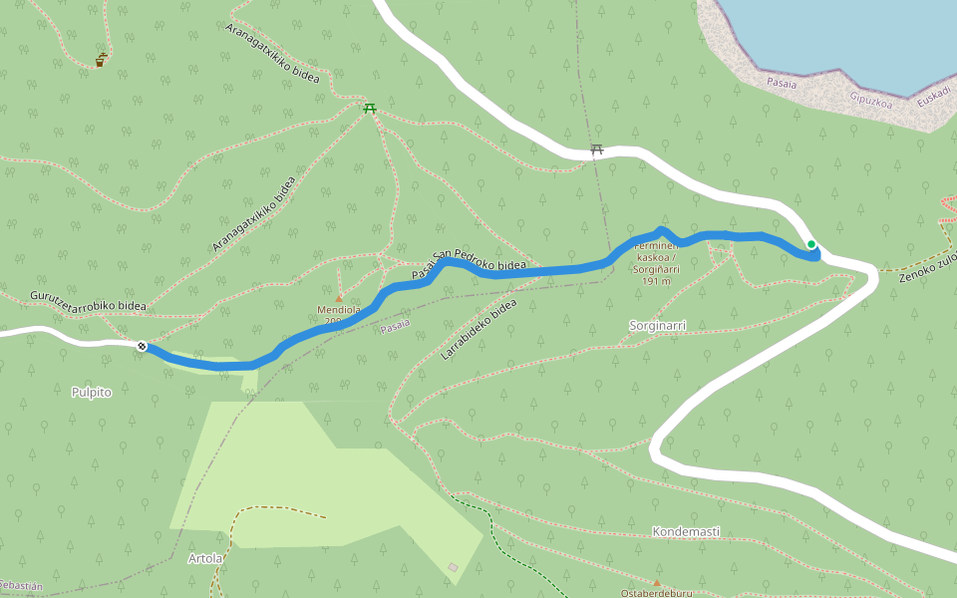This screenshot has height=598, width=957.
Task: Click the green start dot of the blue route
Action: (811, 244)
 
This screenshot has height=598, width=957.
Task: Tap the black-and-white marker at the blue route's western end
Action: (143, 346)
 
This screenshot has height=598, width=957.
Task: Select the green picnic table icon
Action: (370, 108)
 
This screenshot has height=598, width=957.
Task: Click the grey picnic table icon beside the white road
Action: (597, 149)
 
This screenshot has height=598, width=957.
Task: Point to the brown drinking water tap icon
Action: (100, 61)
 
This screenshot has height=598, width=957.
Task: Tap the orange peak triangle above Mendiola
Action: (338, 298)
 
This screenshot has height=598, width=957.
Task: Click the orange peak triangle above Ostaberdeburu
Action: (656, 582)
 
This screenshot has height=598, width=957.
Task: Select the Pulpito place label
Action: (92, 393)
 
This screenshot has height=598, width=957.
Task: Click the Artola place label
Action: (205, 558)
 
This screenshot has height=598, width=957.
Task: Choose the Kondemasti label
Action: (686, 532)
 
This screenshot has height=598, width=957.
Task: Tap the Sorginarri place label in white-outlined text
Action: (658, 326)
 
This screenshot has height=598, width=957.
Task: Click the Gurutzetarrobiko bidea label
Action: (88, 301)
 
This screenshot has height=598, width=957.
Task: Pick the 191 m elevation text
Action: (656, 282)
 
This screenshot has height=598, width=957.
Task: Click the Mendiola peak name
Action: (339, 310)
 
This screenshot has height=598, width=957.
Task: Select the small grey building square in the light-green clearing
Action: (454, 567)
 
